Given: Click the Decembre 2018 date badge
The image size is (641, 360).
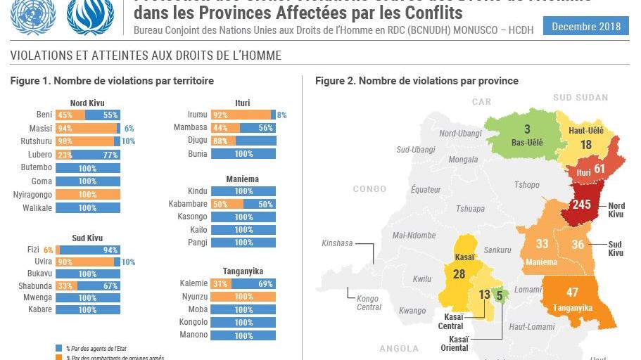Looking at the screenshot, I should pyautogui.click(x=586, y=27).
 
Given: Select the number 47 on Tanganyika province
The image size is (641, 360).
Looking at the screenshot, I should pyautogui.click(x=572, y=292).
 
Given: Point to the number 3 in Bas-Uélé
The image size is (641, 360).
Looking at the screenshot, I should pyautogui.click(x=527, y=129).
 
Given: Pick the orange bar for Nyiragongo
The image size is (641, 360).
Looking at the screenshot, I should pyautogui.click(x=87, y=194).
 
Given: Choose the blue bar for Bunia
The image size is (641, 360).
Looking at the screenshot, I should pyautogui.click(x=243, y=154).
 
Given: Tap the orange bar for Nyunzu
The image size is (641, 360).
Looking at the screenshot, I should pyautogui.click(x=243, y=297).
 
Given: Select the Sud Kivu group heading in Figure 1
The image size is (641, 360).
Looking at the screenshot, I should pyautogui.click(x=87, y=238).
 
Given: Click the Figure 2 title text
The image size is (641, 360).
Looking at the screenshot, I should pyautogui.click(x=417, y=81).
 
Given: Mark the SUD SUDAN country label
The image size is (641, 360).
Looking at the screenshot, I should pyautogui.click(x=580, y=98).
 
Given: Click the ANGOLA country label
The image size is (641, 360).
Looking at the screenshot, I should pyautogui.click(x=399, y=348).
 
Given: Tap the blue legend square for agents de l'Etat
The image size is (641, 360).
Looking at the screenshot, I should pyautogui.click(x=59, y=348).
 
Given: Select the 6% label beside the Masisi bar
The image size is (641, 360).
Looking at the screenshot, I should pyautogui.click(x=129, y=128).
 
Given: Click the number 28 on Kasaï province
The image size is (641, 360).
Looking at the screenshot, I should pyautogui.click(x=459, y=274).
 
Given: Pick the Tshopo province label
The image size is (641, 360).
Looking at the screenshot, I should pyautogui.click(x=527, y=185).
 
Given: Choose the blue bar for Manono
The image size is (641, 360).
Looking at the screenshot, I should pyautogui.click(x=243, y=335).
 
